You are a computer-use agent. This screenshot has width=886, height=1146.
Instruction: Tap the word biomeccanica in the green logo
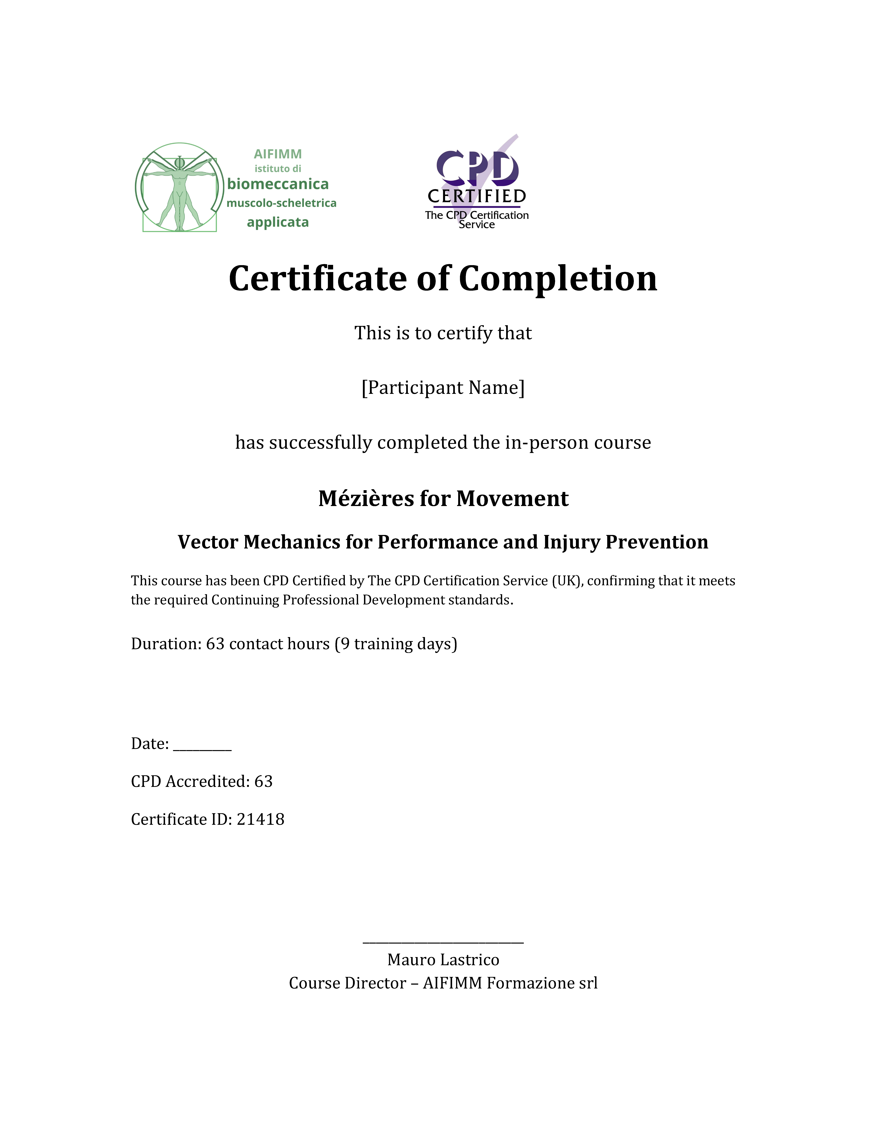[x=278, y=184]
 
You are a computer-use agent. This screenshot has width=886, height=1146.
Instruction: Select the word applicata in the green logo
[x=278, y=222]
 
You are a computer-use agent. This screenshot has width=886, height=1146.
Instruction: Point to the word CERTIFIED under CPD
[x=477, y=196]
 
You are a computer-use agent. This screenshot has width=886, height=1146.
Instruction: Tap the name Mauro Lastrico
[x=443, y=960]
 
